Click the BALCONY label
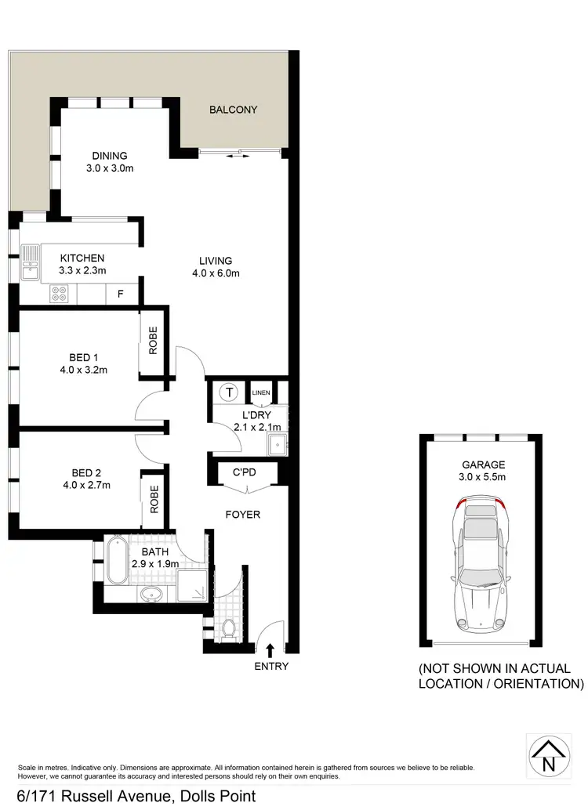[233, 110]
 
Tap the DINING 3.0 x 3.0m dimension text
[109, 168]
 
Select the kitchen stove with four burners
[59, 294]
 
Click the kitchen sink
[30, 262]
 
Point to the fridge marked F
[120, 295]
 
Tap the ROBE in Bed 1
[153, 341]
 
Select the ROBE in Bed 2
[154, 499]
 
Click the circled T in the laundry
[230, 391]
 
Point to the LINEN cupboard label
[261, 392]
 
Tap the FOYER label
[243, 515]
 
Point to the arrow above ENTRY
[270, 649]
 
